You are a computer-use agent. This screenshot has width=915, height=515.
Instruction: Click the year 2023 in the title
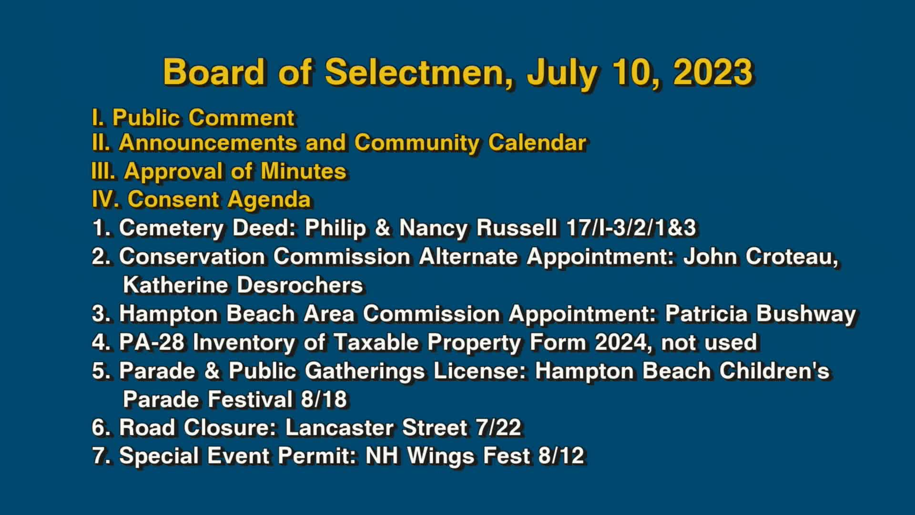(x=712, y=72)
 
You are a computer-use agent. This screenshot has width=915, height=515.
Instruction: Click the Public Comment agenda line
(x=193, y=118)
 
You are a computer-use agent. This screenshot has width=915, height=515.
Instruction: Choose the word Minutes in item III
(x=303, y=171)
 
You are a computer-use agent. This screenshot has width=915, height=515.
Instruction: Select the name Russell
(x=517, y=228)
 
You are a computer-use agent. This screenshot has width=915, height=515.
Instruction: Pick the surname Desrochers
(x=300, y=285)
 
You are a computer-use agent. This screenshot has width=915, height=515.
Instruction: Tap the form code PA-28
(x=152, y=342)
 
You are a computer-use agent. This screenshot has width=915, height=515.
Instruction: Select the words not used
(x=709, y=342)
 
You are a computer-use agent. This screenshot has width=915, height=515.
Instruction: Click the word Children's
(x=774, y=371)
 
